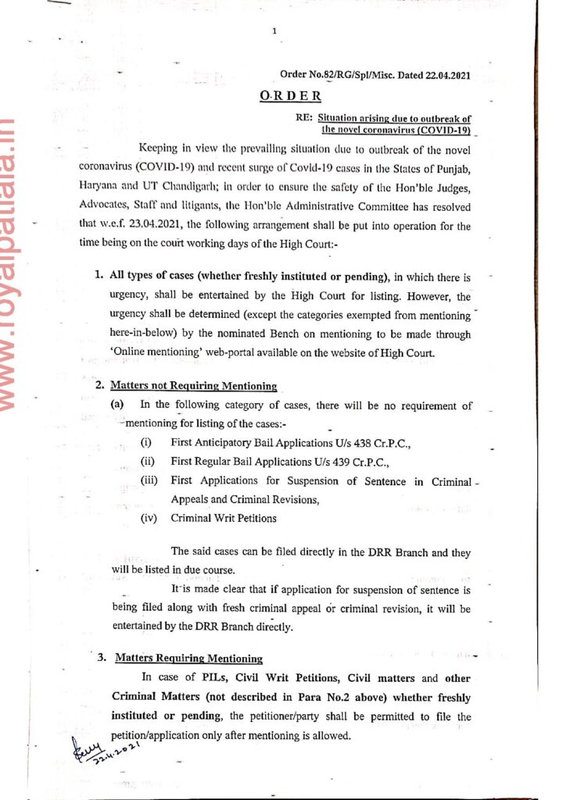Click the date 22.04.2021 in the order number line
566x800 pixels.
pos(444,75)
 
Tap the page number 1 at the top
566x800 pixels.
pos(275,31)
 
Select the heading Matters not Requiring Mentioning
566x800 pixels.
pos(194,385)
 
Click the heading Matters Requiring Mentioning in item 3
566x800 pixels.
pos(188,658)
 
